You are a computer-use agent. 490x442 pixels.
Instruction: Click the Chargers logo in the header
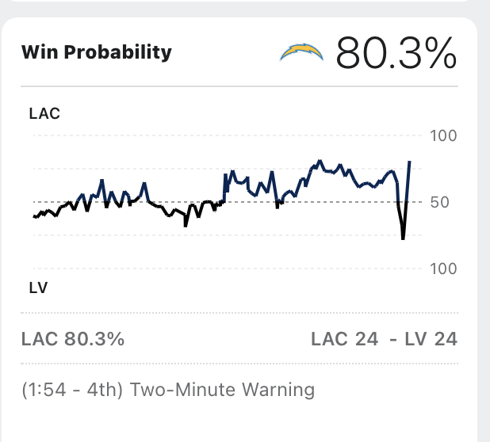[x=301, y=53]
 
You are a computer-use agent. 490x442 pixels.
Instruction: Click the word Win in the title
[x=37, y=53]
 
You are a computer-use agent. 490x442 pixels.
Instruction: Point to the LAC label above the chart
[x=44, y=113]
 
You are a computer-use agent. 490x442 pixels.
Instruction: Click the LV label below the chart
[x=38, y=288]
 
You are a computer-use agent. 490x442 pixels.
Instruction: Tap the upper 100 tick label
[x=442, y=136]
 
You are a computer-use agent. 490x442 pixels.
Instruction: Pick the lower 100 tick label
[x=442, y=269]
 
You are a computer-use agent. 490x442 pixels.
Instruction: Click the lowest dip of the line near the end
[x=404, y=238]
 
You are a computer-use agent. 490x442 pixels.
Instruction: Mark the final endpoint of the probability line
[x=410, y=161]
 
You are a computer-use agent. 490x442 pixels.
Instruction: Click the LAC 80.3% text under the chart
[x=73, y=339]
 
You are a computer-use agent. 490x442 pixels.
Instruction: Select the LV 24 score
[x=431, y=339]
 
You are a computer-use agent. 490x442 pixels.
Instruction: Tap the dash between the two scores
[x=392, y=339]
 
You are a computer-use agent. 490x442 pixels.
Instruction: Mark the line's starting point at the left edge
[x=33, y=216]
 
